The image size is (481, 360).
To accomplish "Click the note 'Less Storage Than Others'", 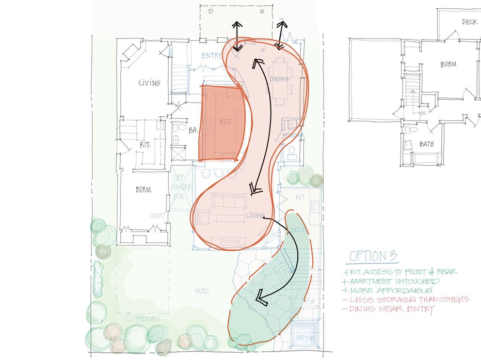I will (x=406, y=299).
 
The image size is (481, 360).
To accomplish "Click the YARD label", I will (x=201, y=291).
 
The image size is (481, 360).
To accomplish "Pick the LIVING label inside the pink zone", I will (x=255, y=215).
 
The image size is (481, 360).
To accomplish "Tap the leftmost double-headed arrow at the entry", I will (x=237, y=36).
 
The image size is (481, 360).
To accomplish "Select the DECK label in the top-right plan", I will (x=469, y=22).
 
